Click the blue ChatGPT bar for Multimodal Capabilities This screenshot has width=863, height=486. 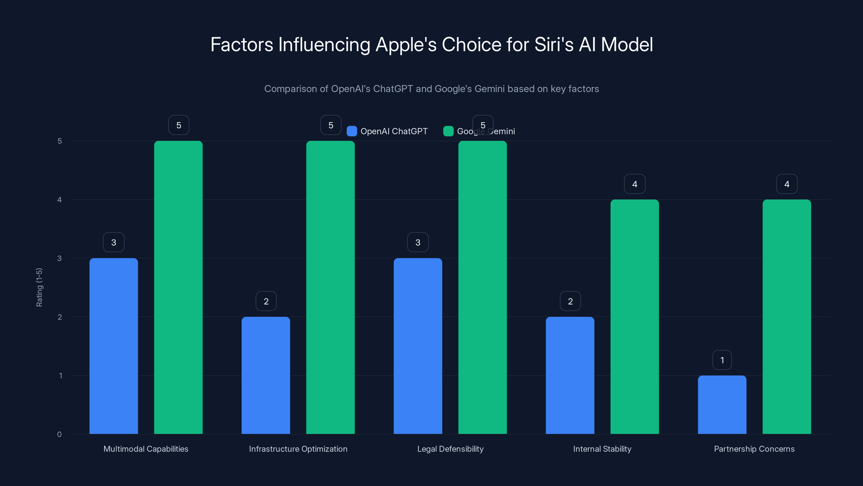point(114,346)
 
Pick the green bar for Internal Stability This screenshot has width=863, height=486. point(635,317)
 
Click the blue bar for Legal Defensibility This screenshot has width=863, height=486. point(418,346)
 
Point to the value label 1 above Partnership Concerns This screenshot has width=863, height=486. point(722,360)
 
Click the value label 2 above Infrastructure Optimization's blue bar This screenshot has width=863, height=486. point(266,301)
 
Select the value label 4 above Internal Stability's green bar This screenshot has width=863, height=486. point(635,184)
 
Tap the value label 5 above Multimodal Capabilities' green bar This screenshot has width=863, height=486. point(179,125)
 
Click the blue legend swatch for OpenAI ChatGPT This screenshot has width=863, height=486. point(352,131)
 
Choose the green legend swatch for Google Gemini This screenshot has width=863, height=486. point(448,131)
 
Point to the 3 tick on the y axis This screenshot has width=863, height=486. point(59,258)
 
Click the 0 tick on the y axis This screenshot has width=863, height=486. point(59,434)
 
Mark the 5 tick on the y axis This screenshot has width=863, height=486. point(60,141)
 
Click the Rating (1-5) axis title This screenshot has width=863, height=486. point(39,287)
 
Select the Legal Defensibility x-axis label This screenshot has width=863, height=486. point(450,449)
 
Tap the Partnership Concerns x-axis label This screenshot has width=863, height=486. point(754,449)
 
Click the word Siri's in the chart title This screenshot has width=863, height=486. point(554,45)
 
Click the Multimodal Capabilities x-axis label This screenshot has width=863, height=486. point(146,449)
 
